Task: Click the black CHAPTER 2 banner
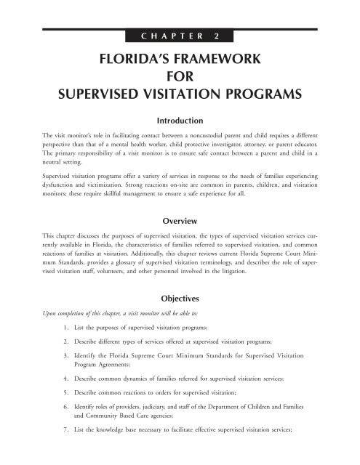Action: (x=180, y=34)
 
